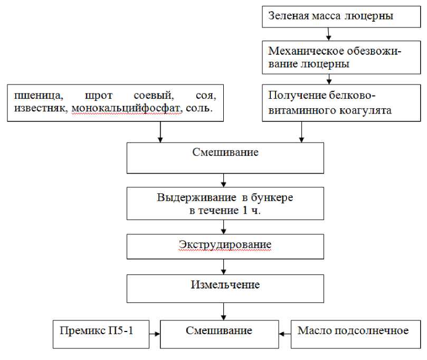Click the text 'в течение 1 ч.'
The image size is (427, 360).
(x=224, y=210)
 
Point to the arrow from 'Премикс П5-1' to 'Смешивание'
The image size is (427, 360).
(x=152, y=334)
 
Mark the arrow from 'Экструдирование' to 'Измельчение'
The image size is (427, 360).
(x=224, y=266)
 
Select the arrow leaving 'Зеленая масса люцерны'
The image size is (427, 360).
(x=329, y=33)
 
